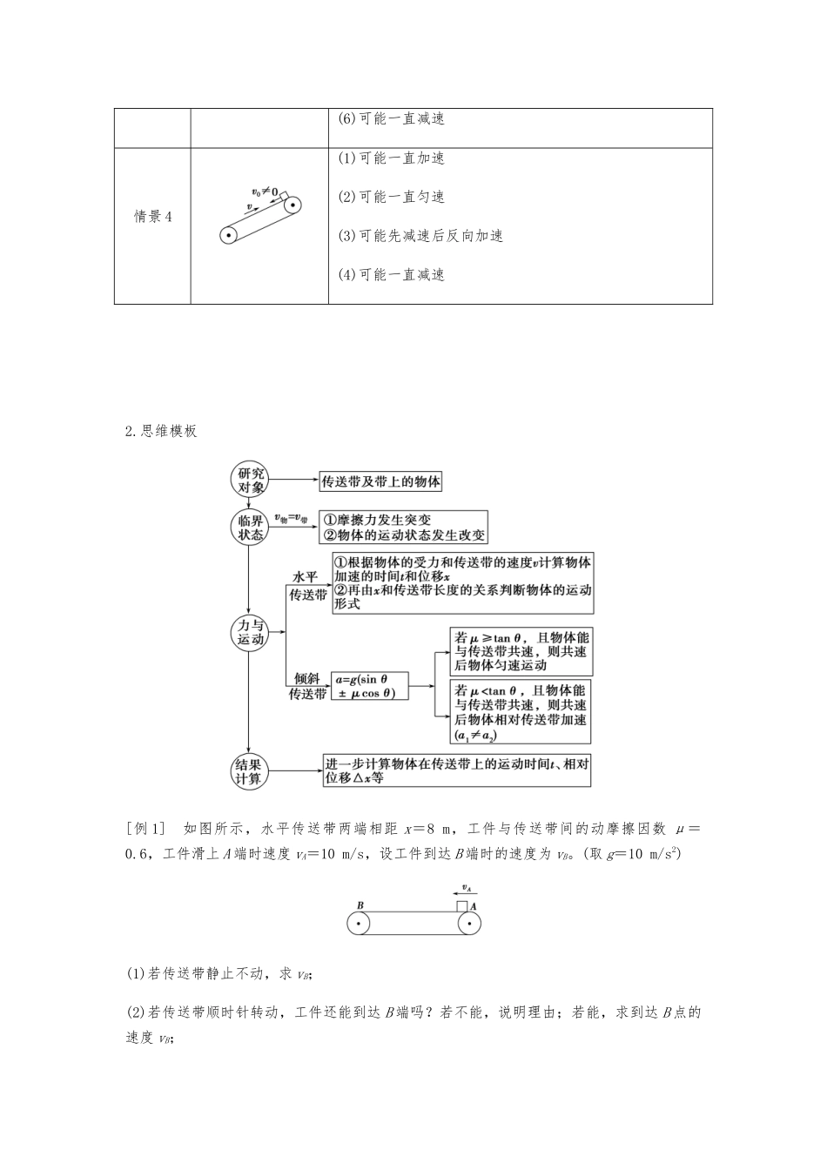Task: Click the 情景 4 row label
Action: [152, 217]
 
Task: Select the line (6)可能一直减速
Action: [391, 119]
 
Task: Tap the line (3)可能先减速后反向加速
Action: [420, 236]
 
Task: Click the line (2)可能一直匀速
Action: [391, 197]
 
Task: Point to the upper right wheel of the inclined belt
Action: [292, 206]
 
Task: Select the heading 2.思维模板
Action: [161, 431]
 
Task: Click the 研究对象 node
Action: [250, 481]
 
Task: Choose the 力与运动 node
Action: [250, 631]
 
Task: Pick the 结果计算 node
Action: [250, 771]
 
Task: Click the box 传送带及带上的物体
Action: [381, 481]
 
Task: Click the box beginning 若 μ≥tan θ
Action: [521, 651]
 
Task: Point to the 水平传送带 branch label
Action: [307, 586]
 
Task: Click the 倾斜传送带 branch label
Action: [307, 686]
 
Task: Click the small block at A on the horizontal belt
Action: [461, 906]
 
